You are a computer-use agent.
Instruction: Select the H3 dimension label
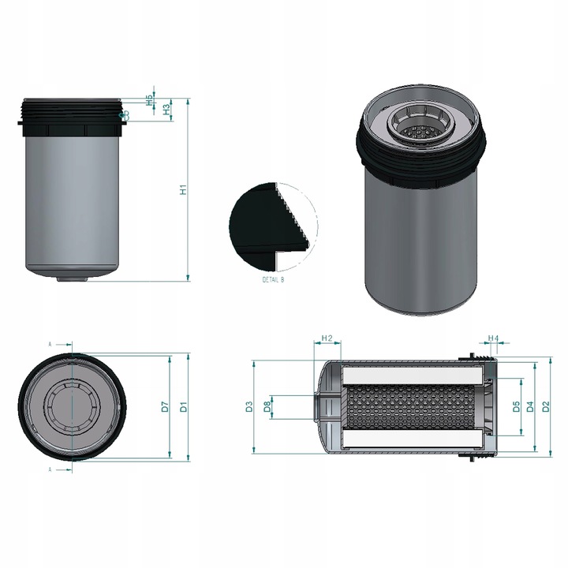tap(166, 110)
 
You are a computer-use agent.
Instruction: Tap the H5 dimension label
tap(149, 100)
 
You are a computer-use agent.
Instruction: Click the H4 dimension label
tap(494, 338)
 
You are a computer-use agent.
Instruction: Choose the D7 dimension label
tap(165, 407)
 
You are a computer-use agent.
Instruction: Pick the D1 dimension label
tap(182, 407)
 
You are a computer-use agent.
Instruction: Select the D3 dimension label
tap(248, 407)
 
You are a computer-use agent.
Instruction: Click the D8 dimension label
tap(267, 407)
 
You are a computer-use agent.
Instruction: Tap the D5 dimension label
tap(516, 407)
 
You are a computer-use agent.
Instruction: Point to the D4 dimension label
tap(531, 407)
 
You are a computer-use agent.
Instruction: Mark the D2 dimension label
tap(546, 407)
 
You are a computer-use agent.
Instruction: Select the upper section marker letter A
tap(50, 345)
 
